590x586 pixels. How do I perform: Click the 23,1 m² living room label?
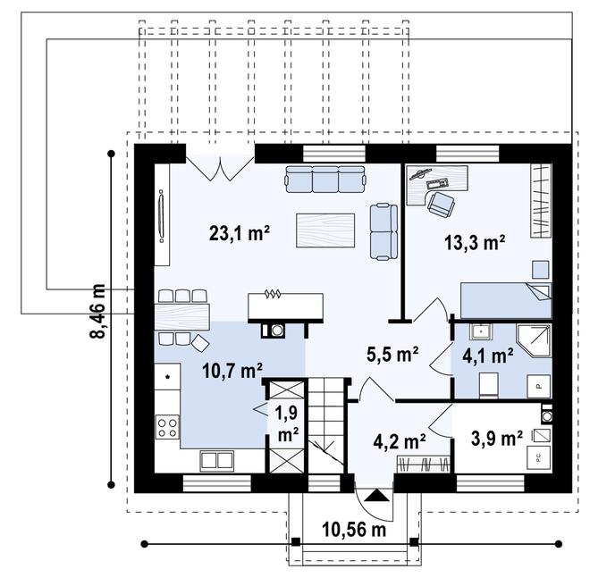pyautogui.click(x=240, y=233)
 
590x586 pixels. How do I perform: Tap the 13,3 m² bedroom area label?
pyautogui.click(x=475, y=242)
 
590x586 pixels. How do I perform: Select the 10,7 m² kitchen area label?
pyautogui.click(x=232, y=371)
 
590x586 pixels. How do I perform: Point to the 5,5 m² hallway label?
pyautogui.click(x=392, y=355)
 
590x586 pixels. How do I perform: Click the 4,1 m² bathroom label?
pyautogui.click(x=488, y=356)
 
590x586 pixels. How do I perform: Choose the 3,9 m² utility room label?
pyautogui.click(x=497, y=439)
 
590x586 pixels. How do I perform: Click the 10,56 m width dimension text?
pyautogui.click(x=354, y=530)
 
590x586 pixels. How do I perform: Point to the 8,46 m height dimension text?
pyautogui.click(x=98, y=311)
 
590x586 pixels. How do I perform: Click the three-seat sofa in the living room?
pyautogui.click(x=325, y=179)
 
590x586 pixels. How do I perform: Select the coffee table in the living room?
pyautogui.click(x=325, y=230)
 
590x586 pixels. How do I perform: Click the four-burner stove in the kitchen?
pyautogui.click(x=167, y=427)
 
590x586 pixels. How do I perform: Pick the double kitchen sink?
pyautogui.click(x=216, y=461)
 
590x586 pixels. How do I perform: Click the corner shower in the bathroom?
pyautogui.click(x=535, y=340)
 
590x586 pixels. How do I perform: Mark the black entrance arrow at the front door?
pyautogui.click(x=376, y=495)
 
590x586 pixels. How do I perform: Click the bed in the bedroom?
pyautogui.click(x=506, y=300)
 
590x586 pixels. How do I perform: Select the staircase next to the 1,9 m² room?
pyautogui.click(x=326, y=426)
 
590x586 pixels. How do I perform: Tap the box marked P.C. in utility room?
pyautogui.click(x=538, y=457)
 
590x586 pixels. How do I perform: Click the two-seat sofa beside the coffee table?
pyautogui.click(x=383, y=231)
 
